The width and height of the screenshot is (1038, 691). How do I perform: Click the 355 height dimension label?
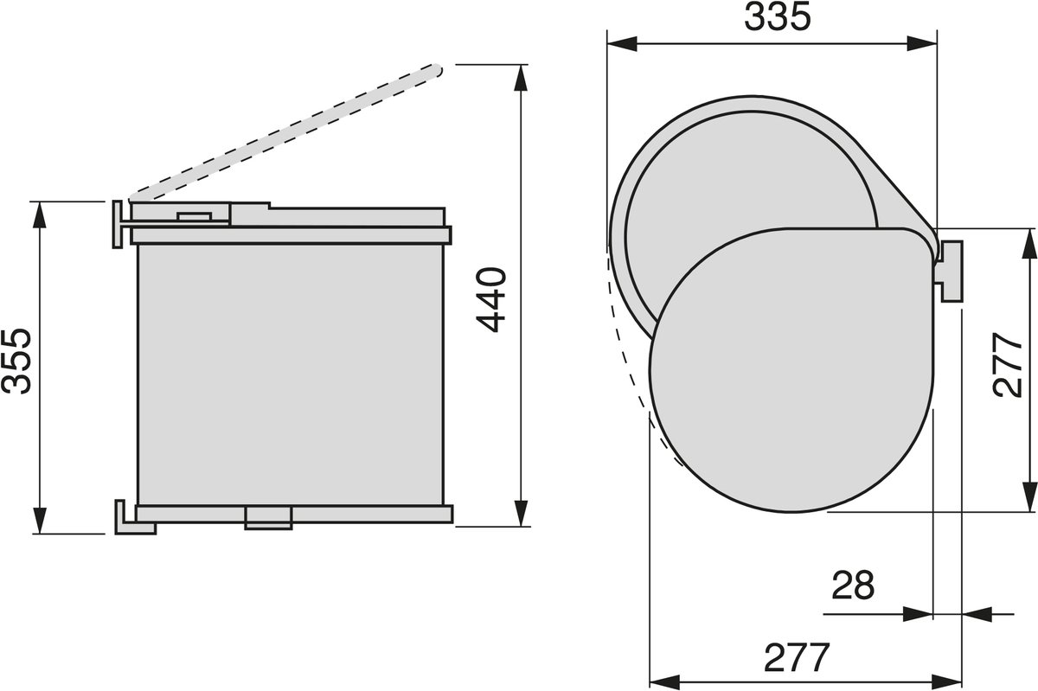tap(16, 361)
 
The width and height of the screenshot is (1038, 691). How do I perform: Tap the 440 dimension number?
tap(491, 299)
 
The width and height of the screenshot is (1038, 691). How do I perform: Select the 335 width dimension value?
tap(778, 16)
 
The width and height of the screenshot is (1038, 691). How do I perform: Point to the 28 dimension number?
tap(853, 585)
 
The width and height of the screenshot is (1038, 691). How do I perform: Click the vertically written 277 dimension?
tap(1008, 364)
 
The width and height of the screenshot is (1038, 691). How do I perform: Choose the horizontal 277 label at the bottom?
tap(796, 657)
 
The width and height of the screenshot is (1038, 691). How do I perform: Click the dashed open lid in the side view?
tap(285, 132)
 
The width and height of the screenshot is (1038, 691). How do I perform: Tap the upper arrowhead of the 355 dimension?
tap(40, 215)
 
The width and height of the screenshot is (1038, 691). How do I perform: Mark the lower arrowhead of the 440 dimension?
tap(522, 513)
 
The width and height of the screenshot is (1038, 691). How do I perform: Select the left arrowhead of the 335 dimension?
tap(622, 44)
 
